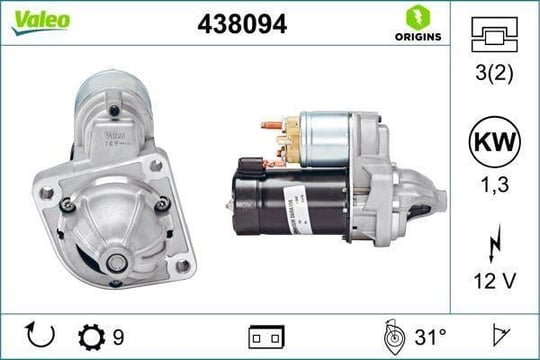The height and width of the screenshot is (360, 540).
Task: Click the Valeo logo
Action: coord(41,22)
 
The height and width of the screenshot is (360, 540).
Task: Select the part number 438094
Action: coord(242,24)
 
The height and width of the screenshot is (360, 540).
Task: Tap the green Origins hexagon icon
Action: coord(418,17)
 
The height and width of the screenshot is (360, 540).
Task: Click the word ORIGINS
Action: coord(418,37)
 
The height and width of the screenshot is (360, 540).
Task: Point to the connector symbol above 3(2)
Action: coord(494,34)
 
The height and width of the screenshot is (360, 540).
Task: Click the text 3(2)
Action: coord(494,73)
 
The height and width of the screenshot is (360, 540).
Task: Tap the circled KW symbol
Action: coord(495,142)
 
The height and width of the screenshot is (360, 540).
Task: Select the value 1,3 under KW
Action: coord(495,185)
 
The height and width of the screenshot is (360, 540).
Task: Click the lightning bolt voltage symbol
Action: coord(495,243)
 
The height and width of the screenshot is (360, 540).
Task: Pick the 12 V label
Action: coord(495,281)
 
